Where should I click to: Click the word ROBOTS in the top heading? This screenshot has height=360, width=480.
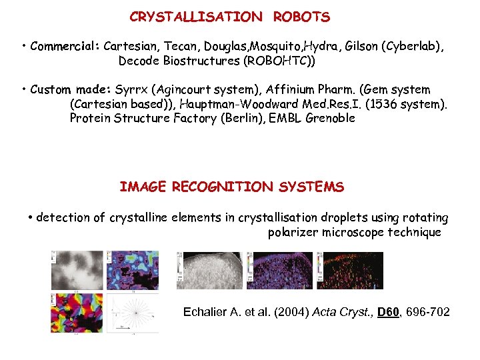click(301, 17)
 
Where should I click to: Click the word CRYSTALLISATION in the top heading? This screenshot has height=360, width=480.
click(196, 17)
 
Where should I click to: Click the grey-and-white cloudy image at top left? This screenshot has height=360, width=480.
click(77, 271)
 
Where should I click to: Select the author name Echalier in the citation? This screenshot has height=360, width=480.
click(206, 311)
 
